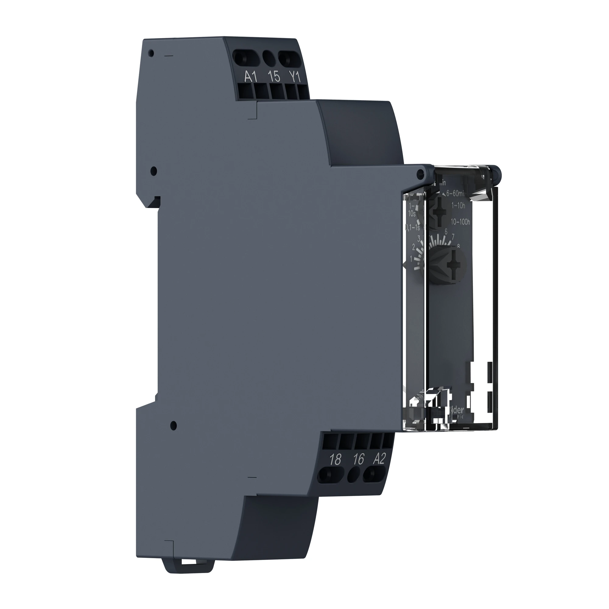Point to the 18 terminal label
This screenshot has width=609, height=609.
335,459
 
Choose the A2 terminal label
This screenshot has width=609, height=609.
379,459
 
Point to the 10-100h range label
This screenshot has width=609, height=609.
460,222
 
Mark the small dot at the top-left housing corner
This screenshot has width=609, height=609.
151,53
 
